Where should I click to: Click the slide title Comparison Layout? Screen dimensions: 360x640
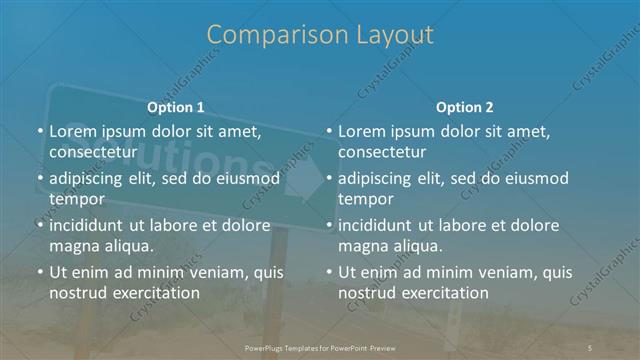click(320, 35)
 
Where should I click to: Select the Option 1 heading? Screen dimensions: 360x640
click(176, 106)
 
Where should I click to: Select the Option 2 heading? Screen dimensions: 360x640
click(465, 106)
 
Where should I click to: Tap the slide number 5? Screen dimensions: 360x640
click(591, 346)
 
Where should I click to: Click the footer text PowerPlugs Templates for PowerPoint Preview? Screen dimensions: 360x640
click(320, 346)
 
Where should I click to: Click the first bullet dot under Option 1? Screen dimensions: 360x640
click(40, 131)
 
